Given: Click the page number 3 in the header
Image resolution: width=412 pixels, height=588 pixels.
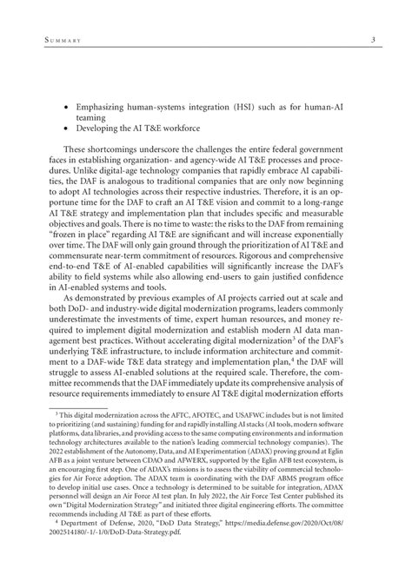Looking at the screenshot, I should (x=372, y=39).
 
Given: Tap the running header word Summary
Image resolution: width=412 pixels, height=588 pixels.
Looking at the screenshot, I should (x=55, y=39).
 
